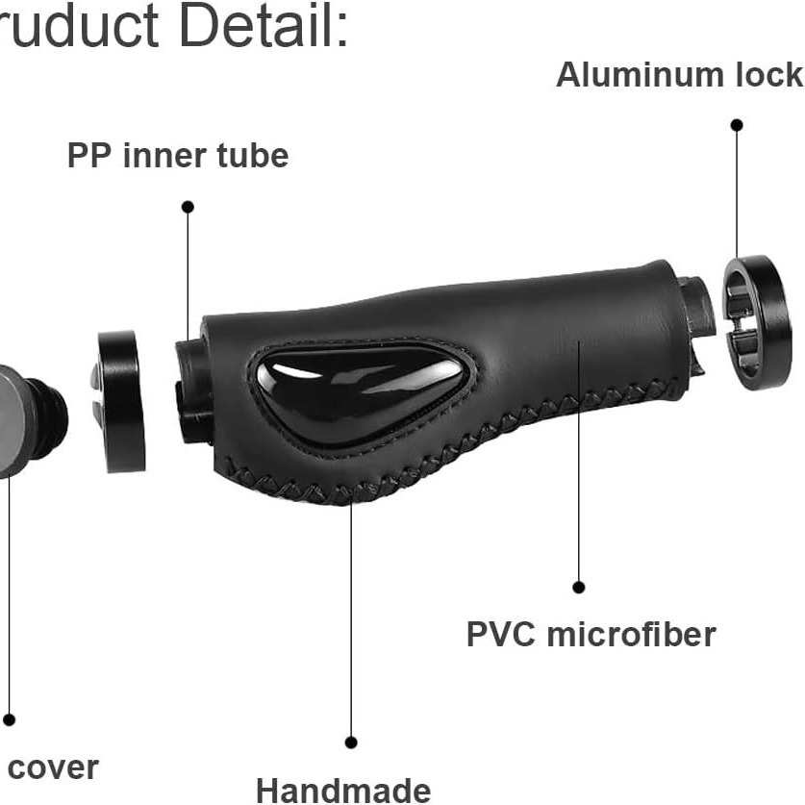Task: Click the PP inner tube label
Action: (x=178, y=155)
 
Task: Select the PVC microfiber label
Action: (x=591, y=635)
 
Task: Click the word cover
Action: (x=53, y=767)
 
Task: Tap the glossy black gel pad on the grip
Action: (x=361, y=390)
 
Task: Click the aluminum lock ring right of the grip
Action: (x=757, y=321)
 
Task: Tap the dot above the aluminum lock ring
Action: (x=737, y=125)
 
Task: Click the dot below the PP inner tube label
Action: (x=188, y=207)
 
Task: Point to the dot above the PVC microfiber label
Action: (x=579, y=587)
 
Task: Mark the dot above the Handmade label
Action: (x=351, y=742)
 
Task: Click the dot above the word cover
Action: (x=9, y=719)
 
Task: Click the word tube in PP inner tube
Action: (x=254, y=155)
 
